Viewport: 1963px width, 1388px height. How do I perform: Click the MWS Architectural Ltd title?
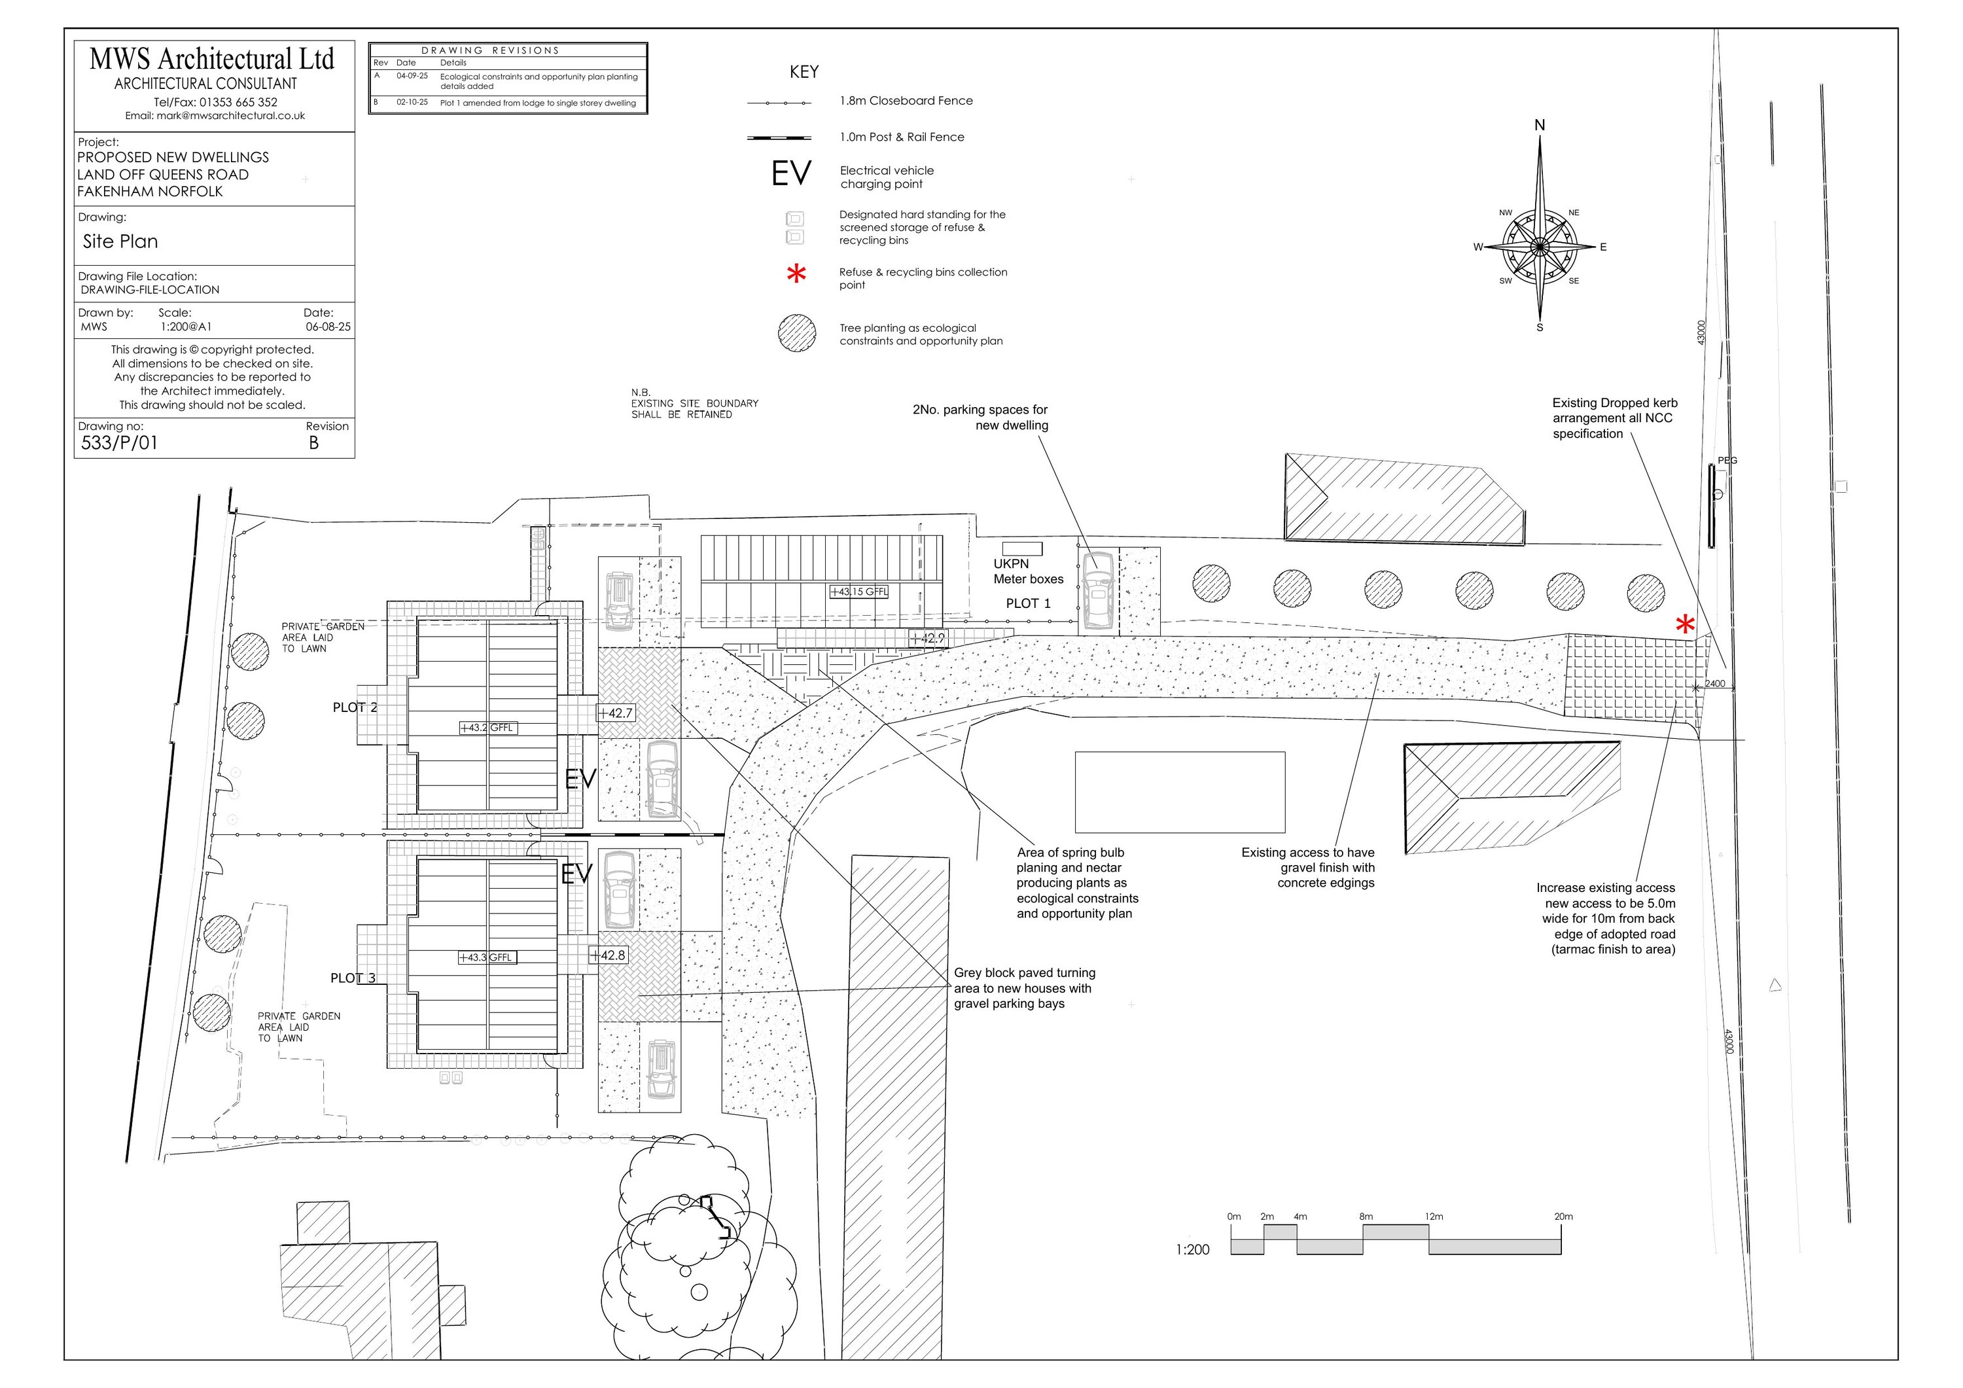[211, 59]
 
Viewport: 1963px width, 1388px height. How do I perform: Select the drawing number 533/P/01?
[119, 443]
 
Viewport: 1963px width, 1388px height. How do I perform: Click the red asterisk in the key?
[796, 274]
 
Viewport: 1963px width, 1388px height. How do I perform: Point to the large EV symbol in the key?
[791, 173]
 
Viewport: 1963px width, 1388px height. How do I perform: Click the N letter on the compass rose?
[1540, 126]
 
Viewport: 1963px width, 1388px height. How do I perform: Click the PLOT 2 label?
[355, 707]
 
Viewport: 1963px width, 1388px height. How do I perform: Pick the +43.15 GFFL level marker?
[859, 592]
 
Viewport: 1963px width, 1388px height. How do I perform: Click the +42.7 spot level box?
[616, 713]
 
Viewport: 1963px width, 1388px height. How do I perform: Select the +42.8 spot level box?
[608, 955]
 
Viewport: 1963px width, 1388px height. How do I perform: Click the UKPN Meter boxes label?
[1028, 571]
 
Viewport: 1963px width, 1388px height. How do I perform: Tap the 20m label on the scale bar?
[1563, 1216]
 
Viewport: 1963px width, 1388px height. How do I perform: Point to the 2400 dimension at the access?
[1715, 684]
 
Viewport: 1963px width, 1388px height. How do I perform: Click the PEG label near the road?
[1727, 460]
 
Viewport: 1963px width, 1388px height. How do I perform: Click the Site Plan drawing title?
[120, 242]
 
